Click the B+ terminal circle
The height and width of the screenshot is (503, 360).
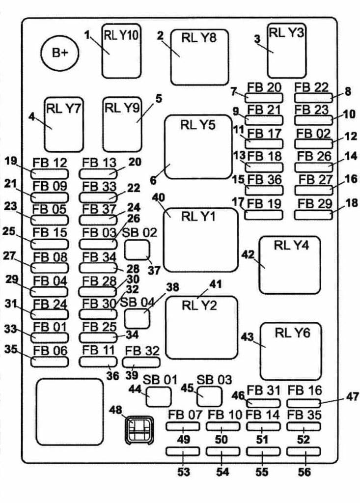(60, 53)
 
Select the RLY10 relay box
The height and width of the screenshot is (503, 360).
(121, 51)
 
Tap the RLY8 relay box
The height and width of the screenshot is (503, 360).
(199, 57)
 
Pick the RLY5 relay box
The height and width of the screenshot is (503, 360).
(198, 146)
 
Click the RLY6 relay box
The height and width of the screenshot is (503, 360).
(290, 351)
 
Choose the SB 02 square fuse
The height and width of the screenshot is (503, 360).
(137, 250)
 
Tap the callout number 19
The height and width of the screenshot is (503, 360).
(11, 160)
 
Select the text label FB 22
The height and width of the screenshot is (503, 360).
(312, 87)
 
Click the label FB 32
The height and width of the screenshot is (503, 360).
(142, 351)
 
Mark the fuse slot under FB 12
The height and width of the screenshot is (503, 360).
(50, 173)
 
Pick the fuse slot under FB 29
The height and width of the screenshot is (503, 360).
(314, 214)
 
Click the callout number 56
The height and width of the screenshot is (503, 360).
(305, 472)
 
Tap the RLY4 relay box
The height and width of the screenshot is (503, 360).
(290, 265)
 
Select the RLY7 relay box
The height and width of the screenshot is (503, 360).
(63, 124)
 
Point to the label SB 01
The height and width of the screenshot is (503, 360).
(160, 380)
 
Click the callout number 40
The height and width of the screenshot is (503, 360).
(158, 197)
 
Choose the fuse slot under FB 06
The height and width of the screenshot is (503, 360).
(50, 362)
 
